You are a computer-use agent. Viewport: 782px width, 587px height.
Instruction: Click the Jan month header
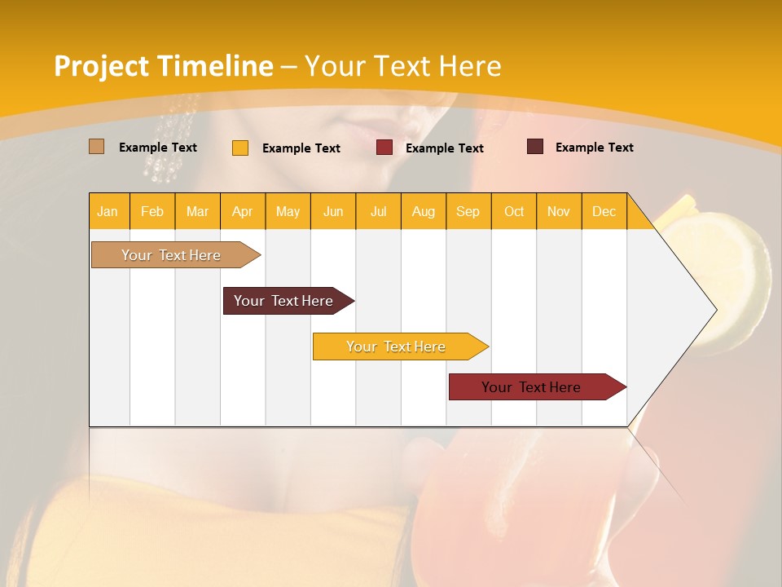pyautogui.click(x=108, y=211)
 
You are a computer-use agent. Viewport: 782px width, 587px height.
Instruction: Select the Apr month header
pyautogui.click(x=243, y=211)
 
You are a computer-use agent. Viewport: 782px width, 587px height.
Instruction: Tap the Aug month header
pyautogui.click(x=423, y=211)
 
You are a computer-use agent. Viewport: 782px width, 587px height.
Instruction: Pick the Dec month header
pyautogui.click(x=604, y=211)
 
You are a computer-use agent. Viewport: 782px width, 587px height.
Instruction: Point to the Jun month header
pyautogui.click(x=333, y=211)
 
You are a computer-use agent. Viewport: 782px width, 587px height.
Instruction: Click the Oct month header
pyautogui.click(x=514, y=211)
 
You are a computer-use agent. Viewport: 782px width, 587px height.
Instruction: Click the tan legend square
pyautogui.click(x=97, y=147)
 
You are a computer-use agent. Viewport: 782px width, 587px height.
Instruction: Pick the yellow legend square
pyautogui.click(x=240, y=148)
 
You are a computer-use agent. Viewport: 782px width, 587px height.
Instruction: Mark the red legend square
pyautogui.click(x=384, y=148)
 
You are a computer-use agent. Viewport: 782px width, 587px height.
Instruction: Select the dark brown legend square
pyautogui.click(x=535, y=147)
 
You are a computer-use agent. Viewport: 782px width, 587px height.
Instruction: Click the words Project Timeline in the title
pyautogui.click(x=164, y=66)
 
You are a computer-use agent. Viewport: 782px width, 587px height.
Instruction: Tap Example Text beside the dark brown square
pyautogui.click(x=594, y=148)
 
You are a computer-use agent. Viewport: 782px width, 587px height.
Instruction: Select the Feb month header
pyautogui.click(x=152, y=211)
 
